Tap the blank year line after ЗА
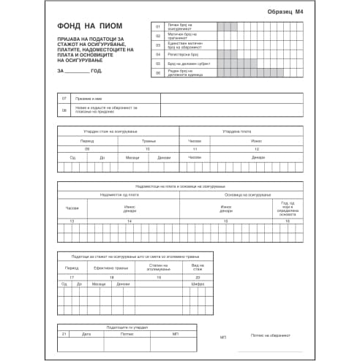click(78, 71)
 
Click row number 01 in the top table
click(157, 26)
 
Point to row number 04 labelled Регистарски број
click(157, 54)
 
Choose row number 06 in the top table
click(157, 73)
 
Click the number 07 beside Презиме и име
click(65, 98)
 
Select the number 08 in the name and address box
click(65, 110)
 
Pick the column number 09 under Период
click(87, 148)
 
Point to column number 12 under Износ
click(257, 148)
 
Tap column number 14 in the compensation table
click(130, 220)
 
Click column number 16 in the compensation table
click(288, 220)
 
